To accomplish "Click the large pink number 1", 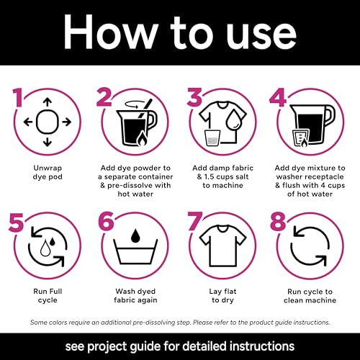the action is [18, 98].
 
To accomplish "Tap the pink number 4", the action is [278, 97].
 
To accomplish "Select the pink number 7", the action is [195, 221].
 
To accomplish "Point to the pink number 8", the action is [278, 221].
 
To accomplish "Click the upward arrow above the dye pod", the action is [48, 102].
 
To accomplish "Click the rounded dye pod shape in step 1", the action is [48, 122].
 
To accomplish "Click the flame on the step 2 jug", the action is [142, 139].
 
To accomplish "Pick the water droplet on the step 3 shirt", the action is [233, 120].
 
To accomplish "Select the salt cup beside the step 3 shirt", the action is [212, 138].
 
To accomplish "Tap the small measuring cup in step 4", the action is [301, 138].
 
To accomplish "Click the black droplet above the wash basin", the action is [135, 235].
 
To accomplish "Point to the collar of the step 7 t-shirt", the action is [222, 229].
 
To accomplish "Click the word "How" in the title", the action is [110, 32].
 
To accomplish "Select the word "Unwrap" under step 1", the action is [48, 168].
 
